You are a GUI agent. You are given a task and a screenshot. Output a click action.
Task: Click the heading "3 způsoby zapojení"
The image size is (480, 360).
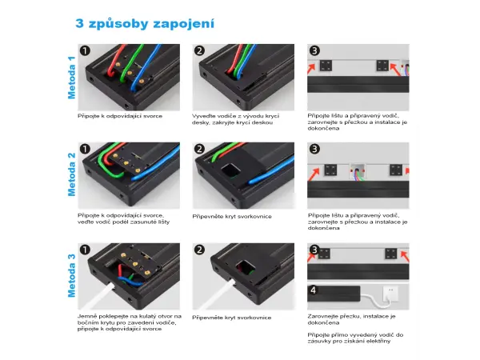click(x=145, y=23)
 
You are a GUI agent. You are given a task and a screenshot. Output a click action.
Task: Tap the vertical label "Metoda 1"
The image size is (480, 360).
click(x=71, y=78)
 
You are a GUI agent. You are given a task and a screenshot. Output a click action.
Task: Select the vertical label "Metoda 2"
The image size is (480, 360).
click(x=71, y=174)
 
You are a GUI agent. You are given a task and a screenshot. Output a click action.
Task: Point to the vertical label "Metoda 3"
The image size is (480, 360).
click(x=71, y=275)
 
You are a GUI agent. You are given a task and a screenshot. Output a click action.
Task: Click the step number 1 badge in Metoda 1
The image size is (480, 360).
click(x=85, y=50)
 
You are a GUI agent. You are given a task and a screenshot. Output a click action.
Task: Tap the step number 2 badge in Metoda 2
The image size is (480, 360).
click(x=199, y=149)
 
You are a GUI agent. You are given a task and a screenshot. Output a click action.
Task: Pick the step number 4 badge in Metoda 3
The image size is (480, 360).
click(x=313, y=290)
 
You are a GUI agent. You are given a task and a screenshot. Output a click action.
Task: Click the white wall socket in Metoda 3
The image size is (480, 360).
click(x=390, y=294)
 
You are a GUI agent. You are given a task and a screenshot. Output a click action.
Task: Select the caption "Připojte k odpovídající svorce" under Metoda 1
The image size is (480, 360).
click(x=120, y=116)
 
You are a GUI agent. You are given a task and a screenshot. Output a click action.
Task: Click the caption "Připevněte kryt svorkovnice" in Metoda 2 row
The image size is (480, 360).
click(x=232, y=217)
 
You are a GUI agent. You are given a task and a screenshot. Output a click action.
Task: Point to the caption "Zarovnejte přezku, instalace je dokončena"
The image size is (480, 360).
click(x=351, y=319)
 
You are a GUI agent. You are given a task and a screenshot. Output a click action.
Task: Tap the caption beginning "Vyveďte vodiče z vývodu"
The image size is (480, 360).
click(x=235, y=119)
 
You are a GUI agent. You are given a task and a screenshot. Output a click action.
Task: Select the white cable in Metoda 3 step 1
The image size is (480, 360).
click(x=98, y=296)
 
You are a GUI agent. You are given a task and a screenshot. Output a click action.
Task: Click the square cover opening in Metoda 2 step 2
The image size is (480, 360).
click(x=231, y=171)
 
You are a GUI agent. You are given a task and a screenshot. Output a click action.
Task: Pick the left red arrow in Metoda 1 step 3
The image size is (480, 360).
click(x=311, y=69)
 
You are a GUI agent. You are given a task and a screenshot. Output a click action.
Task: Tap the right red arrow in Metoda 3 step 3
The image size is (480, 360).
click(x=405, y=256)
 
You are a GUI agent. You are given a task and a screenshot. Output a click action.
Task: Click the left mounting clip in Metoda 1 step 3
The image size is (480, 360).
click(x=326, y=66)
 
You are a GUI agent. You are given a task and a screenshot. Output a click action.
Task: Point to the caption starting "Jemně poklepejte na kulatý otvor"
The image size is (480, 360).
click(x=129, y=322)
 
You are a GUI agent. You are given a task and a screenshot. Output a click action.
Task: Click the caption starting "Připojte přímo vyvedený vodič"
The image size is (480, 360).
click(x=355, y=338)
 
